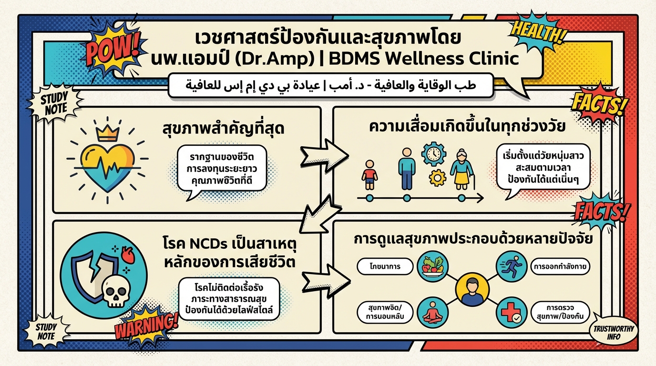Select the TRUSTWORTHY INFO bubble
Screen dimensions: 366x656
pos(613,332)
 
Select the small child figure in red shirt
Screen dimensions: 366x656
pos(369,175)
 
